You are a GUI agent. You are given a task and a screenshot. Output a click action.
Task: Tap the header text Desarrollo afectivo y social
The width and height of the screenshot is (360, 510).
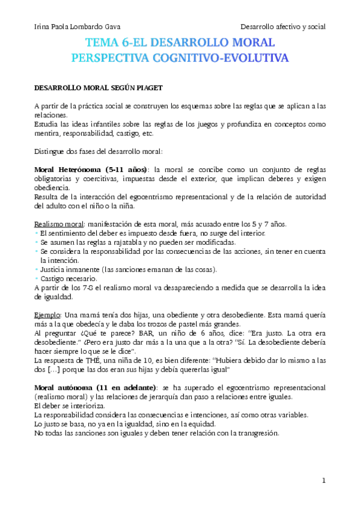coord(282,26)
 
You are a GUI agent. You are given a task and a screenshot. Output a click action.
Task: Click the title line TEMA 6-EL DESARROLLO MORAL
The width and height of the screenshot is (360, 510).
coord(180,43)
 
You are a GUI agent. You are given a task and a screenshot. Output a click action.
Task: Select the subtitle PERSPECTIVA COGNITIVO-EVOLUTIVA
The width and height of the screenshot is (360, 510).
coord(180,58)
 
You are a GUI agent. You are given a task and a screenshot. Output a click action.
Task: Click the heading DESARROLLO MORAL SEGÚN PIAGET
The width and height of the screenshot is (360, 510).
coord(98,88)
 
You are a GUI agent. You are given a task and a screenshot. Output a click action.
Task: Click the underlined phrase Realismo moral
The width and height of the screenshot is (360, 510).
coord(58,224)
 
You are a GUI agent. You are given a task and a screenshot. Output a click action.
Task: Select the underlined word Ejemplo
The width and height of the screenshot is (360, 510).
coord(47,315)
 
